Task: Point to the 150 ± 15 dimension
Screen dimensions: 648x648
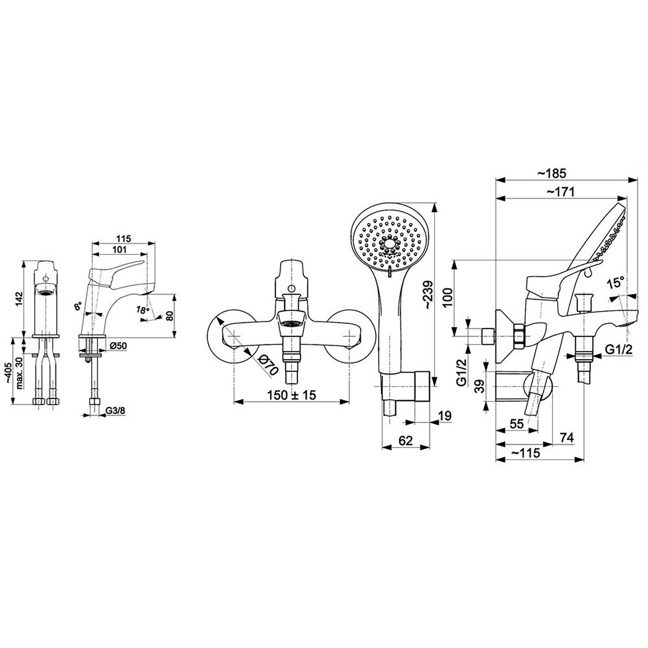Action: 292,395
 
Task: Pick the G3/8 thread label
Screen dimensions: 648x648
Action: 115,411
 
